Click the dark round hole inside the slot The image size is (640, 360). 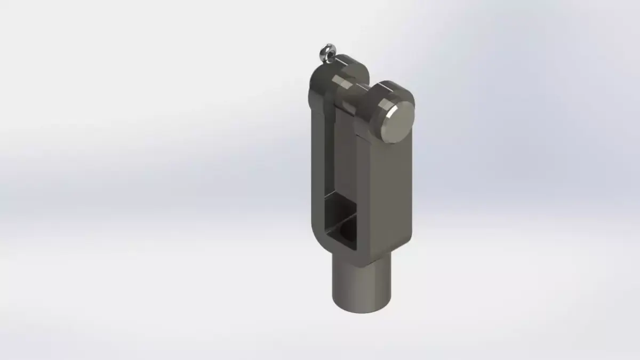346,230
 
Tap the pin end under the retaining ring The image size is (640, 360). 331,63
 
